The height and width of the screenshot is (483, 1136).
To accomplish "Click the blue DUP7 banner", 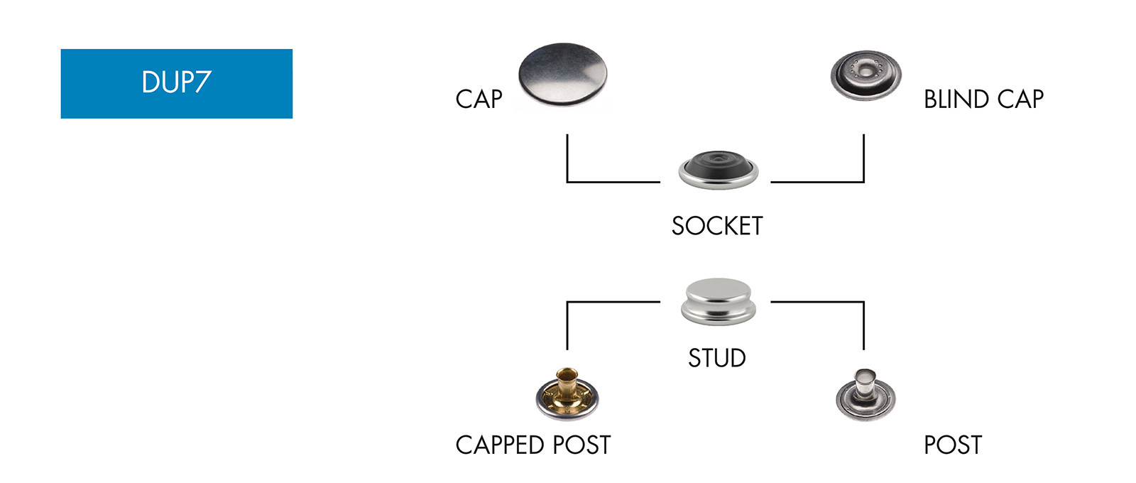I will click(x=176, y=83).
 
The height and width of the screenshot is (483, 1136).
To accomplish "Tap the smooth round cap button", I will click(x=562, y=75).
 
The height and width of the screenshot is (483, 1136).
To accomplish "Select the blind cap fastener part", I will click(x=865, y=75).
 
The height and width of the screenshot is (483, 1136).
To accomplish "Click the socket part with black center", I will click(x=718, y=170).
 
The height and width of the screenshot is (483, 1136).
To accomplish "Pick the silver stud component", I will click(x=718, y=301).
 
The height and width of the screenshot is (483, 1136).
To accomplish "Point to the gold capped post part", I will click(x=567, y=396).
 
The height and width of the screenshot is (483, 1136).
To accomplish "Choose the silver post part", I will click(x=865, y=396).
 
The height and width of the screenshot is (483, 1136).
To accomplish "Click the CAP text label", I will click(x=479, y=99).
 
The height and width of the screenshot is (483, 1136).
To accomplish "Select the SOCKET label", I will click(x=717, y=226).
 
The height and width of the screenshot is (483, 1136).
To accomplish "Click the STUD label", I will click(x=717, y=358).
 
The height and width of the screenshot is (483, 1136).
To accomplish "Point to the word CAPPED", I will click(x=500, y=445).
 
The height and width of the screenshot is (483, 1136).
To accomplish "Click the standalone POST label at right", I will click(x=953, y=445).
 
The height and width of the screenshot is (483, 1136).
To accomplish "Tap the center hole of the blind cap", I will click(x=865, y=68).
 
